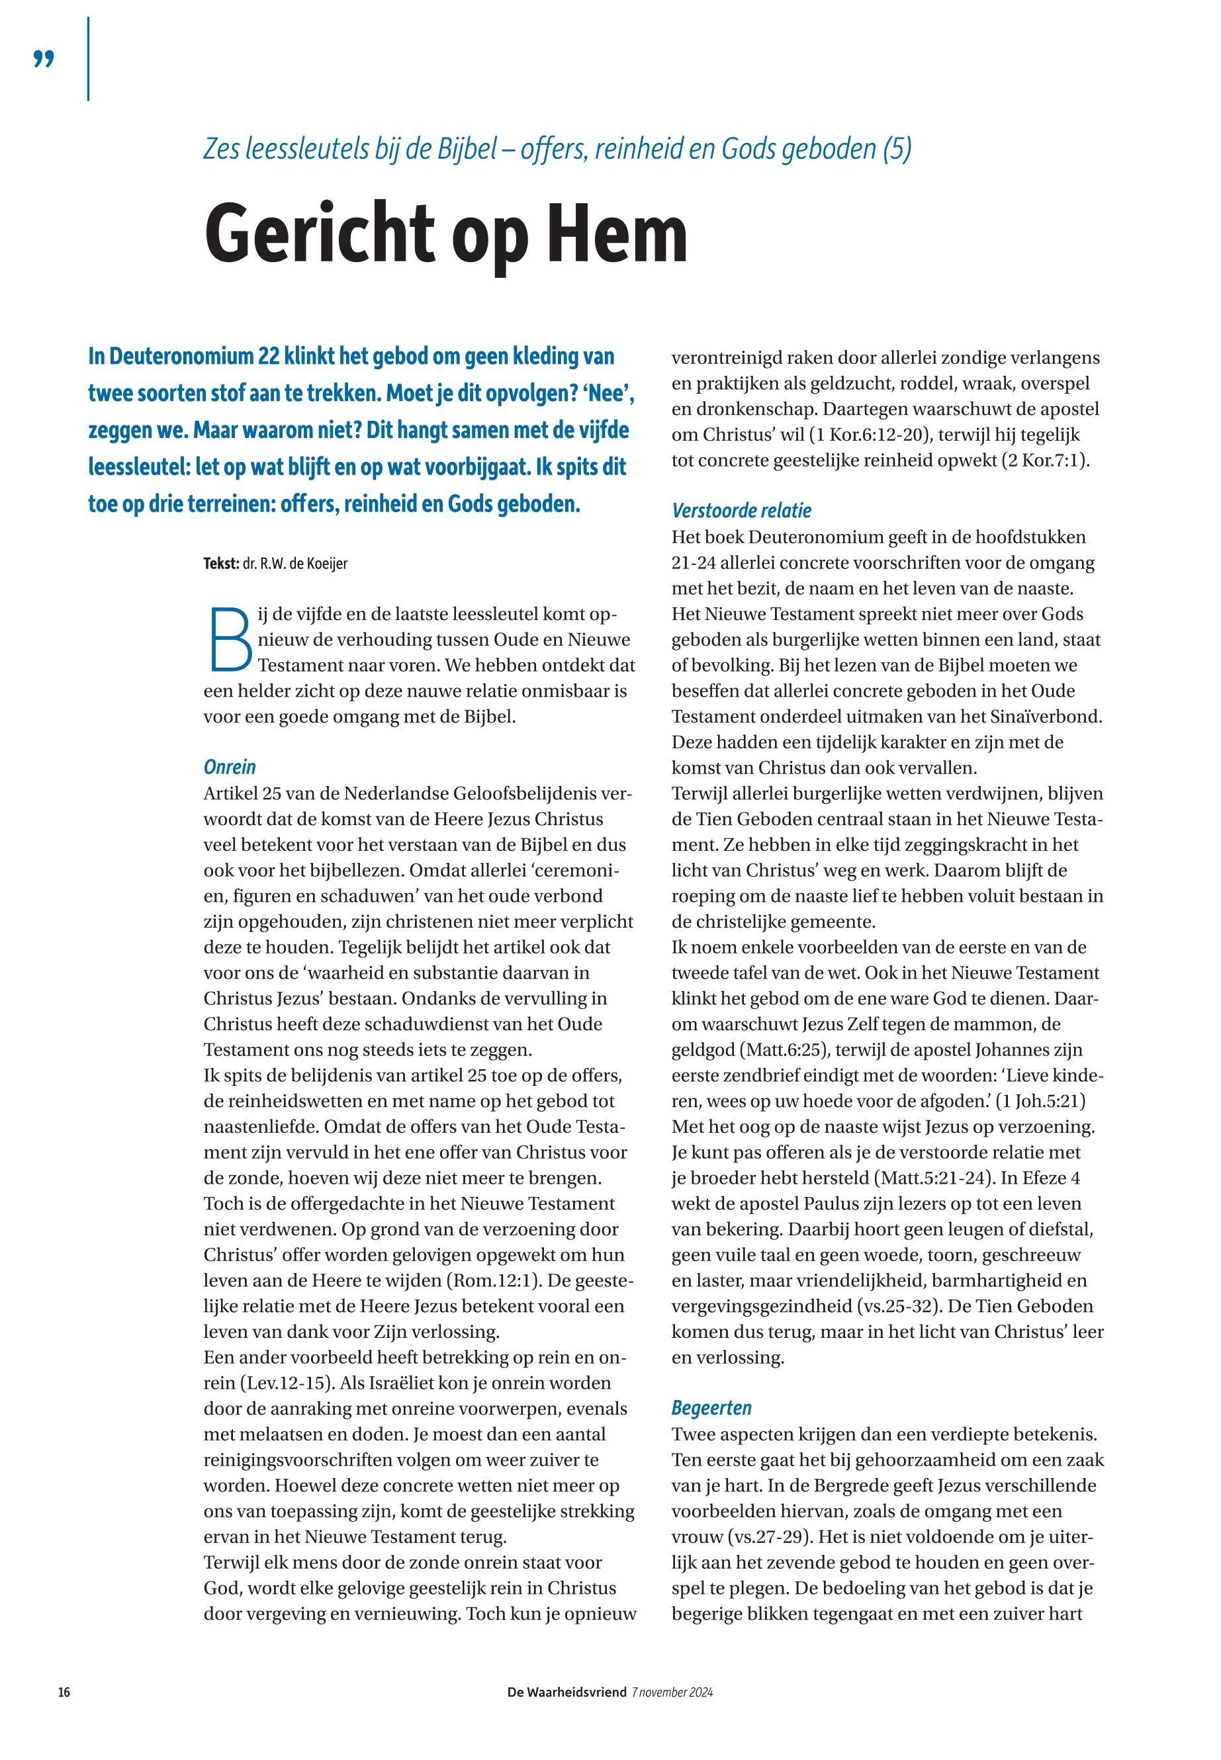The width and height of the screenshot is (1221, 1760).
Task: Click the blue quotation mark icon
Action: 44,58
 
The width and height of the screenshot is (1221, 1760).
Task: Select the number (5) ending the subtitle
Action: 897,148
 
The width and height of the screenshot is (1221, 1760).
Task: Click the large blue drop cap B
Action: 230,637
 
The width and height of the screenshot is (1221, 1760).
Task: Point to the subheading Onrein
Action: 230,766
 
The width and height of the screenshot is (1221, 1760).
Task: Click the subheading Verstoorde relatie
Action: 741,510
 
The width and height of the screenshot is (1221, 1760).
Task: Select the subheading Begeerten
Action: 711,1407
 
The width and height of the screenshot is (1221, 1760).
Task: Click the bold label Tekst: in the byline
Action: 221,564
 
